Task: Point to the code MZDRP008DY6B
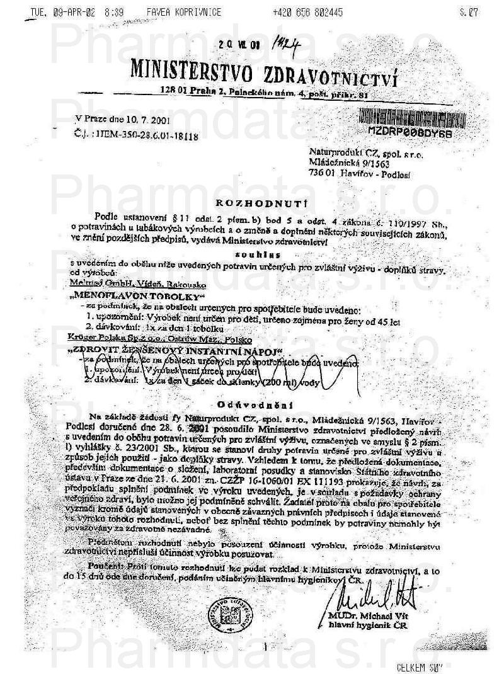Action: [410, 131]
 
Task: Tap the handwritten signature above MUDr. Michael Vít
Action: [367, 596]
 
